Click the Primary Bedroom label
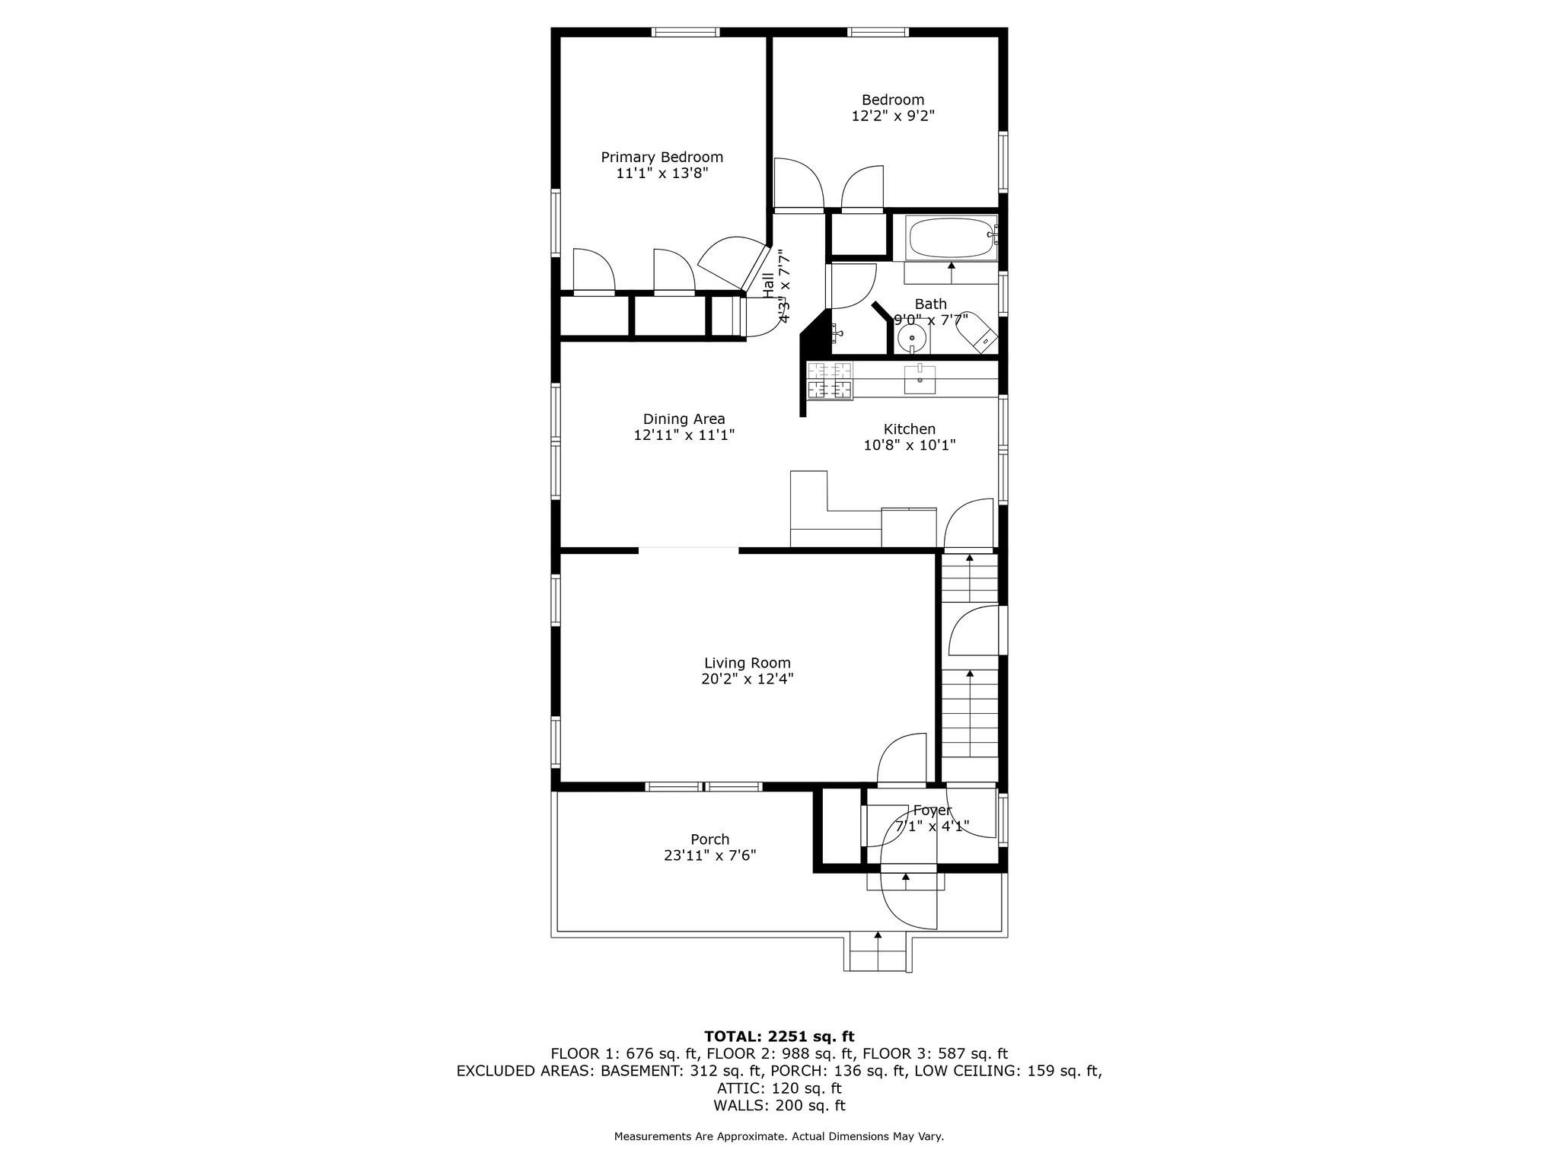pos(662,157)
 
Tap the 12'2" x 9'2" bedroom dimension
pos(893,116)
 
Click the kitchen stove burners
pos(830,381)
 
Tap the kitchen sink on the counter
pos(920,379)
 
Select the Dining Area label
pos(684,419)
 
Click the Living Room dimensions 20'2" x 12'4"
pos(747,679)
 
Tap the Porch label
pos(709,839)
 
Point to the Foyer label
pos(932,811)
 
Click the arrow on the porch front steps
pos(878,935)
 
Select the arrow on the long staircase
pos(970,674)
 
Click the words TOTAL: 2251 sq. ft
pos(779,1037)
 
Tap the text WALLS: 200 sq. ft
pos(779,1106)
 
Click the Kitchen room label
pos(909,429)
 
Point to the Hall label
pos(769,286)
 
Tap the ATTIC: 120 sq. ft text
pos(779,1088)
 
